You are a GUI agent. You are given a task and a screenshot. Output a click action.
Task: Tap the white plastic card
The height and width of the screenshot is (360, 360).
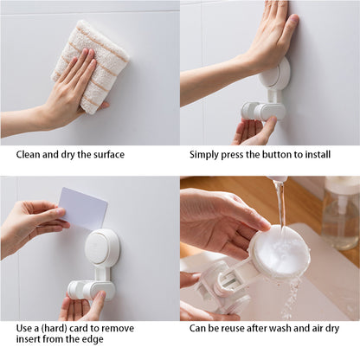84,209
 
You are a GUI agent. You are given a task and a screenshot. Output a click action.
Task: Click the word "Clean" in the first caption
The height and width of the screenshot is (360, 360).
28,155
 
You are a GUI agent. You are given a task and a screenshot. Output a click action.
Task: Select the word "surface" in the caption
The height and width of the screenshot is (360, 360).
109,155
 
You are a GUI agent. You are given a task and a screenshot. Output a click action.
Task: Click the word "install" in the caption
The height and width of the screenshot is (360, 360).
317,155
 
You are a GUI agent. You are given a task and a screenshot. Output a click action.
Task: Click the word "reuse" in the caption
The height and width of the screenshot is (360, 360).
232,328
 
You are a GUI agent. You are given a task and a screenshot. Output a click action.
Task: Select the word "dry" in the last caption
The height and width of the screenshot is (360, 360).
332,329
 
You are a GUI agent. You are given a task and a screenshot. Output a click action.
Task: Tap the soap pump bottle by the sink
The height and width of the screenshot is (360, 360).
340,213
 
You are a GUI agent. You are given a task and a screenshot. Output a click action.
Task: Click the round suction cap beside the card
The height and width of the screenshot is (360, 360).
102,247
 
